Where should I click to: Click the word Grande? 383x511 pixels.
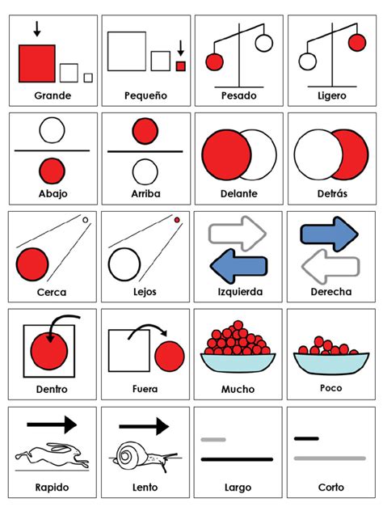point(53,95)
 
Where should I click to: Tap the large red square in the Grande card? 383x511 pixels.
point(36,64)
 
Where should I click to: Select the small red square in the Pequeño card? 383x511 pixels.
point(181,66)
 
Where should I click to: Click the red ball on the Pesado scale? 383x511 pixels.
point(214,61)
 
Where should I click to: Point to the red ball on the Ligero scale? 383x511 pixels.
point(356,42)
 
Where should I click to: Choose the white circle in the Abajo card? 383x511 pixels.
point(53,129)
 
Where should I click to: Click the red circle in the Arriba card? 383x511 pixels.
point(145,130)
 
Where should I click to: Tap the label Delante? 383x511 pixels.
point(238,194)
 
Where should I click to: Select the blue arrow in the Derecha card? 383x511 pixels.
point(330,234)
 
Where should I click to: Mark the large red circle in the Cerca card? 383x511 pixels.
point(32,264)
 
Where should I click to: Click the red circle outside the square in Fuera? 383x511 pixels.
point(170,356)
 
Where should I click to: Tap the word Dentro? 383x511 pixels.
point(53,390)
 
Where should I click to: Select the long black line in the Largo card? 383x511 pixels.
point(238,458)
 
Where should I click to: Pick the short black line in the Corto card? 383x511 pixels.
point(306,439)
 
